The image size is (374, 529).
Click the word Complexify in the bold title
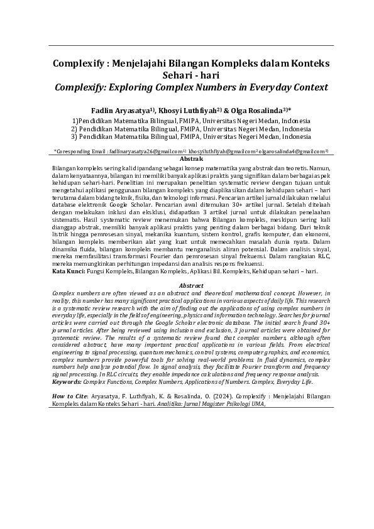80,63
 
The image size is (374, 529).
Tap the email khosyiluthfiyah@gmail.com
220,151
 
